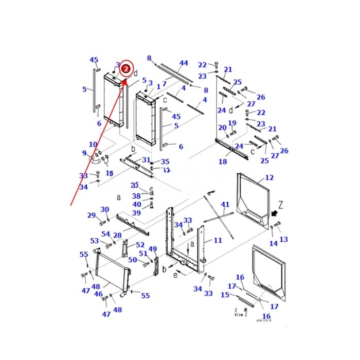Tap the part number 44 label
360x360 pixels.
pyautogui.click(x=184, y=64)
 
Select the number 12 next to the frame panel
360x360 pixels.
pyautogui.click(x=269, y=178)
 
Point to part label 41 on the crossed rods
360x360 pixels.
pyautogui.click(x=225, y=205)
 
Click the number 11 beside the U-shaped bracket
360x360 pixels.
pyautogui.click(x=218, y=241)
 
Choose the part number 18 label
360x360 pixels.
pyautogui.click(x=222, y=162)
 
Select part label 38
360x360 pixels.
pyautogui.click(x=136, y=196)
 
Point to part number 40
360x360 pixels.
pyautogui.click(x=136, y=205)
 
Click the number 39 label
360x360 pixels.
pyautogui.click(x=136, y=213)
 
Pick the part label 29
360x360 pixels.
pyautogui.click(x=92, y=215)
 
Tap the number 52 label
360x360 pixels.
pyautogui.click(x=140, y=245)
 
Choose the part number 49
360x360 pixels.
pyautogui.click(x=152, y=249)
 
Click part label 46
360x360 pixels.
pyautogui.click(x=98, y=294)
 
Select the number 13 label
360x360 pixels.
pyautogui.click(x=284, y=239)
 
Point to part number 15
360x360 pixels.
pyautogui.click(x=225, y=295)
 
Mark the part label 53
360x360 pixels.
pyautogui.click(x=94, y=241)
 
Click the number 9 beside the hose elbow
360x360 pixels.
pyautogui.click(x=84, y=153)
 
